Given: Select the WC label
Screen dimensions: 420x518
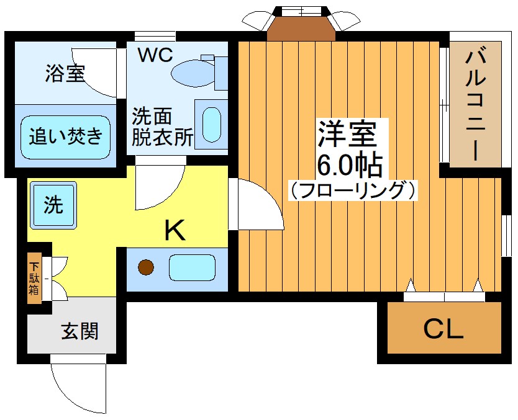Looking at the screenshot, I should (x=155, y=56).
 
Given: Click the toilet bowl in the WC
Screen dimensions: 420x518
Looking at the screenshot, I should (x=193, y=73).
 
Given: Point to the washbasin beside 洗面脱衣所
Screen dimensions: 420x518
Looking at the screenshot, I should (x=212, y=125).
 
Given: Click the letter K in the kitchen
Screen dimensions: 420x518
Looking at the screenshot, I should (x=174, y=231).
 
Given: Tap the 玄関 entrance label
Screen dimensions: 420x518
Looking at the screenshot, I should (x=80, y=331).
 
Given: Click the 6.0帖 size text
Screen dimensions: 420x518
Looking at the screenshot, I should (x=348, y=164).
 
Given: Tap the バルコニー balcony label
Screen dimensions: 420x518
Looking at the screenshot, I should (x=476, y=105).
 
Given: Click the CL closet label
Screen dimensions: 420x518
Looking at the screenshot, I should (x=443, y=329).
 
